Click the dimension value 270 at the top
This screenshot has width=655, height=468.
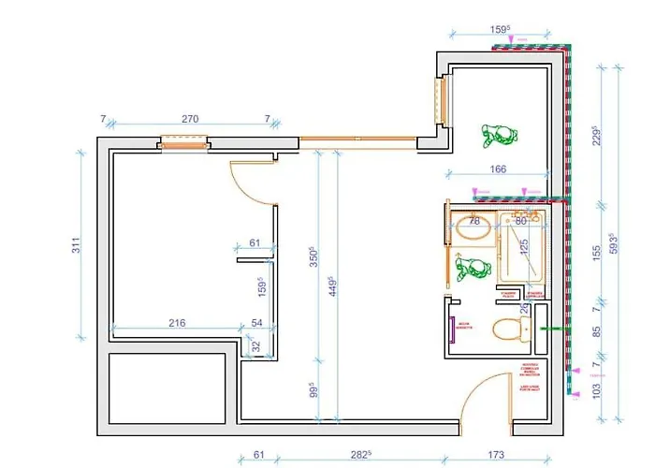point(190,119)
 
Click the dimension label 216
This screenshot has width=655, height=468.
point(177,323)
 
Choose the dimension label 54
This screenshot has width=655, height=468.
point(257,323)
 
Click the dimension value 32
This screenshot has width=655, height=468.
point(256,346)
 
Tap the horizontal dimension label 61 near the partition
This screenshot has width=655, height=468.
point(255,243)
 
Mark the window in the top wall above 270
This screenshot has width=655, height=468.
point(182,143)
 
